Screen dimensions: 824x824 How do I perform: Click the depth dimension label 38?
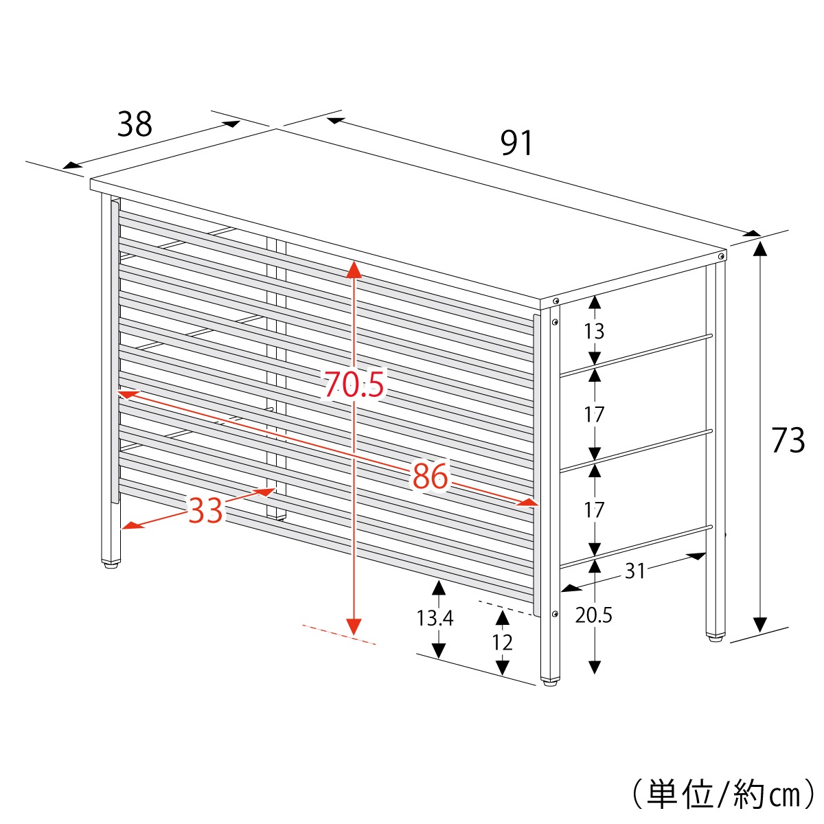pos(135,124)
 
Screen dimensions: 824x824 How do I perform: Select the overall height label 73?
pos(788,439)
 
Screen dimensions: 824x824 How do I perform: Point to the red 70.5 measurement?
pos(354,384)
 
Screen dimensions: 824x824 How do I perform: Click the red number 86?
pos(430,476)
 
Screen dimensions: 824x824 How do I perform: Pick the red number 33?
pos(206,510)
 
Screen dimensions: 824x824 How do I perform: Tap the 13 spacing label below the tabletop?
pos(594,331)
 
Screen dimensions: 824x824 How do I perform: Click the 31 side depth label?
pos(634,571)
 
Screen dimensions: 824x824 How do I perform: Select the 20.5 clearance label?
pos(593,615)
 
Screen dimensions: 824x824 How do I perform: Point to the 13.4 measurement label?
pos(435,618)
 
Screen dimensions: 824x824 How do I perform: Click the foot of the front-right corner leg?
pos(550,682)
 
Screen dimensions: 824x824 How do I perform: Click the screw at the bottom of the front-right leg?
pos(555,614)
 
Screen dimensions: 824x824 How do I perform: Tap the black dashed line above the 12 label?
pos(506,608)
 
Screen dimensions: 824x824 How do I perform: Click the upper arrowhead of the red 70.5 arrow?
pos(354,269)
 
